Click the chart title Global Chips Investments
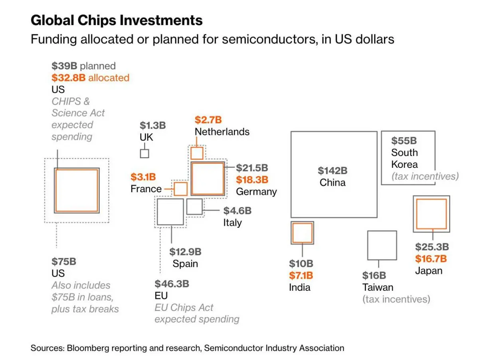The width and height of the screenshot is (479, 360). [117, 20]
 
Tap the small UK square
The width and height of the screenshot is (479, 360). [144, 153]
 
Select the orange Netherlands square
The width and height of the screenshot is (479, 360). [197, 153]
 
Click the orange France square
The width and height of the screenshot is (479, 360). [181, 189]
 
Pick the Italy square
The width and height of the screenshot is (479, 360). [194, 207]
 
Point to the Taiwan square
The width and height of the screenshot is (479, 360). [382, 245]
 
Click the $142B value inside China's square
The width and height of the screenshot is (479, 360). [333, 171]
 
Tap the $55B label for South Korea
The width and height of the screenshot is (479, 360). [404, 141]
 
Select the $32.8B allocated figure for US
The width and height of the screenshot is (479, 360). [69, 78]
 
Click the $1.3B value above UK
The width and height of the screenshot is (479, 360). [152, 125]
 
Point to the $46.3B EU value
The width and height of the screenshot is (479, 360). [172, 284]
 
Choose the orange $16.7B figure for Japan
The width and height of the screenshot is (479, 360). [431, 259]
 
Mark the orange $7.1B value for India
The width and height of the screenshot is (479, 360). [301, 275]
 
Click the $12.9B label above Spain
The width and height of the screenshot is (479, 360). [185, 252]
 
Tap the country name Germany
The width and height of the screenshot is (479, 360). [256, 191]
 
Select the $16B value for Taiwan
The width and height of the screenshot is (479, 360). [374, 275]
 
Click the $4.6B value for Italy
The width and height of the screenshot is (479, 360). [237, 210]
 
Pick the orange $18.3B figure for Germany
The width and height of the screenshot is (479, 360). [252, 180]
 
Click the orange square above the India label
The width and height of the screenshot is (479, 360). [302, 233]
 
